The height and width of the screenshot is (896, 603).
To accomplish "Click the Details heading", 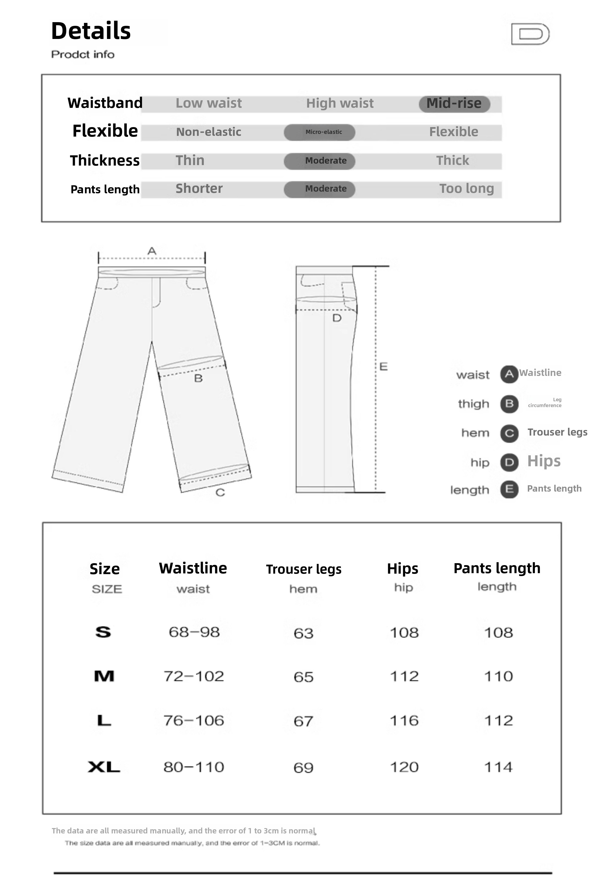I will tap(91, 31).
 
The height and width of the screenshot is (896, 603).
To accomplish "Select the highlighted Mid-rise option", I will tap(454, 103).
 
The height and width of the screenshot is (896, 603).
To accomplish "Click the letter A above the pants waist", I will tap(152, 251).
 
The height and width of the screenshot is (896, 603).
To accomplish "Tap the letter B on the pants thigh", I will tap(198, 378).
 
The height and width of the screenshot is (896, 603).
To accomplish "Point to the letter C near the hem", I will tap(220, 493).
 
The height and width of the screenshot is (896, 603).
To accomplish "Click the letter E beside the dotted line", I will tap(383, 367).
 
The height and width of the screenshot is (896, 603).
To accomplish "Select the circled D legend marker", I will tap(509, 462).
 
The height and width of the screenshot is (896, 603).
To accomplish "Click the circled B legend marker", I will tap(509, 404).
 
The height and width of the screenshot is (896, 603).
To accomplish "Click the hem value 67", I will tap(303, 721).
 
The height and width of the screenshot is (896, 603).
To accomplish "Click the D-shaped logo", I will tap(530, 34).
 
